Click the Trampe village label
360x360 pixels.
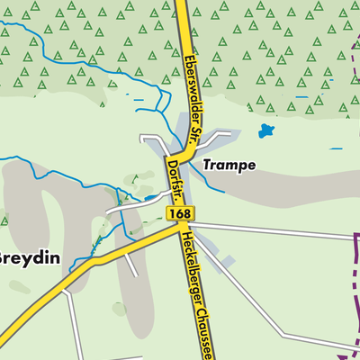click(229, 166)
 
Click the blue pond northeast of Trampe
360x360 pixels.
click(265, 130)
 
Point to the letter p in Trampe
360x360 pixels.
click(241, 167)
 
